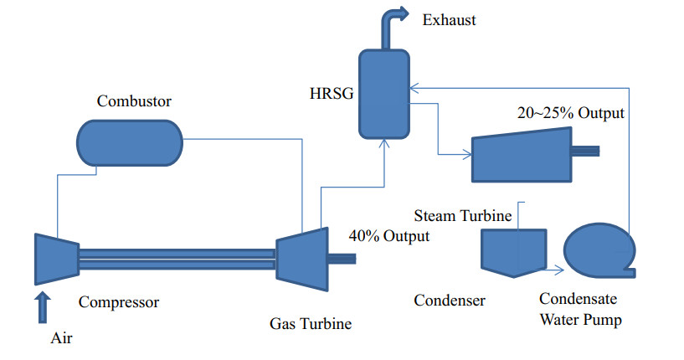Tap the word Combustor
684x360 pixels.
(x=134, y=102)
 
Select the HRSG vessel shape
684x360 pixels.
(x=386, y=93)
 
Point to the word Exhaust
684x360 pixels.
(x=450, y=19)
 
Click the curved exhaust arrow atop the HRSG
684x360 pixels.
(x=390, y=25)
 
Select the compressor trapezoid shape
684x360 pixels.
(x=56, y=259)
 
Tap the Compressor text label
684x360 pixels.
(x=119, y=301)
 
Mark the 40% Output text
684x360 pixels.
(x=389, y=236)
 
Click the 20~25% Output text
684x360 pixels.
(x=570, y=113)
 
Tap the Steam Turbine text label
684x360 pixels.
(x=463, y=216)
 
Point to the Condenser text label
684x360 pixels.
(x=450, y=301)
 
